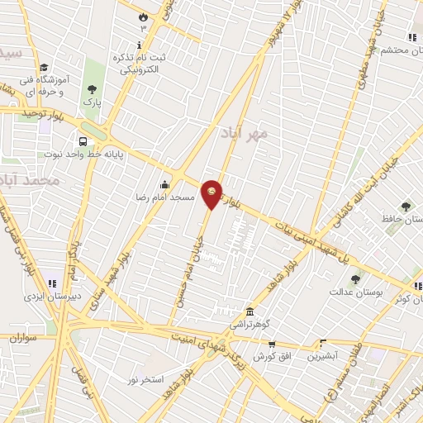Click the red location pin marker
click(212, 194)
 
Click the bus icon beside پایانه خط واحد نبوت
click(83, 140)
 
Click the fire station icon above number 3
click(142, 16)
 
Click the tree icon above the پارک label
click(92, 88)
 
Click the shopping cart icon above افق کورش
click(272, 344)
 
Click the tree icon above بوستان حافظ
click(405, 206)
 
